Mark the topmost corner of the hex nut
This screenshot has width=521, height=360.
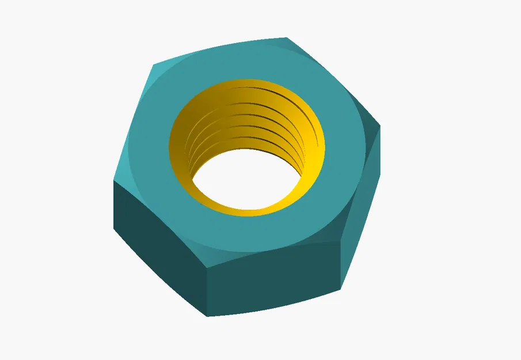(x=286, y=38)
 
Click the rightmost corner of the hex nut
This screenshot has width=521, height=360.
(x=381, y=126)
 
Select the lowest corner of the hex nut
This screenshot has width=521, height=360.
(x=207, y=316)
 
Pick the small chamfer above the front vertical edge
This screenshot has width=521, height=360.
(x=216, y=256)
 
